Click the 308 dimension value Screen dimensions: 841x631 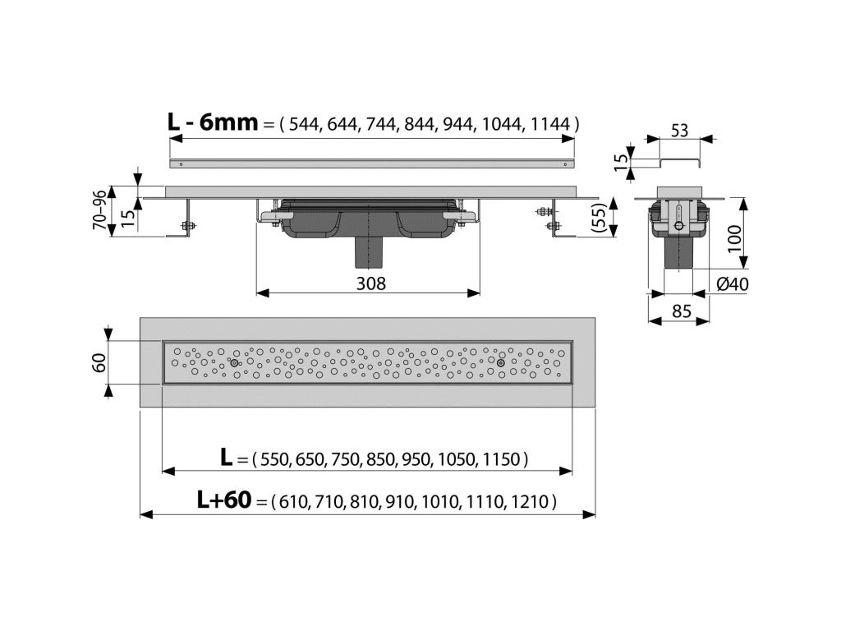370,283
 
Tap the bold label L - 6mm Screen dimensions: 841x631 213,122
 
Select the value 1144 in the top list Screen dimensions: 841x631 549,125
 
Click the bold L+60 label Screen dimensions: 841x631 223,500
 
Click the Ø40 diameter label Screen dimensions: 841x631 733,283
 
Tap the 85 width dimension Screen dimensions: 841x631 681,311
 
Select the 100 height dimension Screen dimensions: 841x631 734,239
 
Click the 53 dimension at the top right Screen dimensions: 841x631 679,131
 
